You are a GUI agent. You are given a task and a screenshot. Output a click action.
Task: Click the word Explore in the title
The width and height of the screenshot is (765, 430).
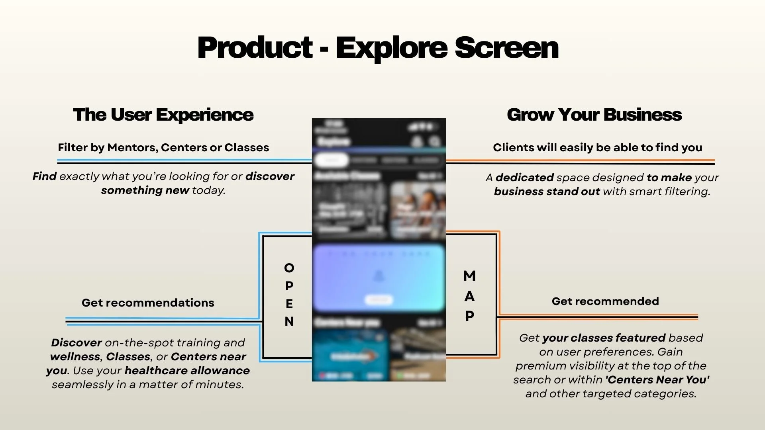tap(392, 48)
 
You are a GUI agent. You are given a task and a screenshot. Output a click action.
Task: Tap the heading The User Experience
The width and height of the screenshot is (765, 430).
tap(163, 115)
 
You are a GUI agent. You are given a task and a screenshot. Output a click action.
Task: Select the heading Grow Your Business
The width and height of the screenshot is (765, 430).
tap(594, 115)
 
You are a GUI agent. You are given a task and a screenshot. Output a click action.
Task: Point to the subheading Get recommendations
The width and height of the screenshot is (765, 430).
tap(148, 303)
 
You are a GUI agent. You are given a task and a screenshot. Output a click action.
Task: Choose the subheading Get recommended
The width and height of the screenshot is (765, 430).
tap(605, 301)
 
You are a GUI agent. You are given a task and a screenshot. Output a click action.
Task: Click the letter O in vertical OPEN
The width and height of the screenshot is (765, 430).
tap(289, 268)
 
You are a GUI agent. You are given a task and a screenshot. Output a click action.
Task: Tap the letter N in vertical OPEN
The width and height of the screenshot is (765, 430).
tap(289, 321)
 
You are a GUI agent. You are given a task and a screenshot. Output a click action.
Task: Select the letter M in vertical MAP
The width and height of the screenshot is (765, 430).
tap(469, 276)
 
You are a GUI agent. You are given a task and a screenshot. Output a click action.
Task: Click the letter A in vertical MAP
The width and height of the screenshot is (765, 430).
tap(469, 296)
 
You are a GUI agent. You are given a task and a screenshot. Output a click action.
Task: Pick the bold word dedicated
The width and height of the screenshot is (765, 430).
tap(524, 178)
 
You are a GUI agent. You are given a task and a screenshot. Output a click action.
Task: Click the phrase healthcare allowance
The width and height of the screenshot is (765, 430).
tap(187, 371)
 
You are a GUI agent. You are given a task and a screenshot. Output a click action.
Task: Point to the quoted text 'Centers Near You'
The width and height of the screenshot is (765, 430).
tap(657, 380)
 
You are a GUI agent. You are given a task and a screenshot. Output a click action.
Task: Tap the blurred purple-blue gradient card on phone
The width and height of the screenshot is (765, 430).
tap(379, 271)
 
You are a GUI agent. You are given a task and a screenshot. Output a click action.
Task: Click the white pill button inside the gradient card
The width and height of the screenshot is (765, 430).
tap(379, 300)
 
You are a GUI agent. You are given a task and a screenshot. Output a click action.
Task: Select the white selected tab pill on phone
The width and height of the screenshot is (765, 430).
tap(331, 160)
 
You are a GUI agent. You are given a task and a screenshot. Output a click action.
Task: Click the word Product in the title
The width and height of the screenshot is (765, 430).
tap(255, 48)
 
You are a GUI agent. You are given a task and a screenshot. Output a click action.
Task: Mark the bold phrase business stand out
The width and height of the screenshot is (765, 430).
tap(547, 192)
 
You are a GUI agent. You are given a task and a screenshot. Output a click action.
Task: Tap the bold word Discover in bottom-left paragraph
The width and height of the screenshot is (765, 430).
tap(76, 343)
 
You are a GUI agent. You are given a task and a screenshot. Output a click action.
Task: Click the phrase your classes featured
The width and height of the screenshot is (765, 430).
tap(603, 338)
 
